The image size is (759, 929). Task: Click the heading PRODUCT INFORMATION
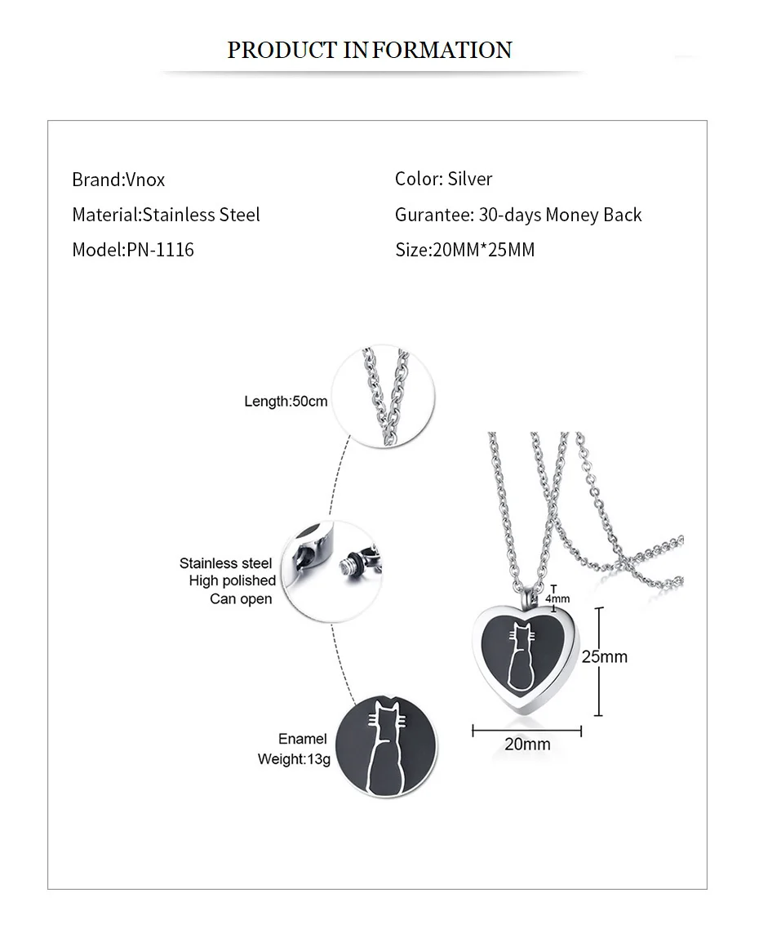(370, 50)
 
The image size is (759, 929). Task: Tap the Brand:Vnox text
(118, 180)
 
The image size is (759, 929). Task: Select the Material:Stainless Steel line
(166, 215)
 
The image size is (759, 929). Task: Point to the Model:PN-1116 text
(133, 250)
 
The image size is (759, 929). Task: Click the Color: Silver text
(443, 179)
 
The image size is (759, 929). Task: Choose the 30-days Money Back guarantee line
(518, 215)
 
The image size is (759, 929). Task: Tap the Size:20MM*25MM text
(464, 250)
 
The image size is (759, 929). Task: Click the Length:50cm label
(286, 401)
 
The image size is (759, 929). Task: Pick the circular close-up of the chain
(386, 396)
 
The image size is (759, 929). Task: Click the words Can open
(241, 598)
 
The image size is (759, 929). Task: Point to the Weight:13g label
(294, 759)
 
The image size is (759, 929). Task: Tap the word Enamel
(302, 739)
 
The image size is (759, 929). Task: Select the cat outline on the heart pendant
(520, 655)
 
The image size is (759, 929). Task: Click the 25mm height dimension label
(605, 656)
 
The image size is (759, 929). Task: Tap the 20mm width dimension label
(527, 745)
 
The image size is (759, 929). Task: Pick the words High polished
(233, 580)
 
